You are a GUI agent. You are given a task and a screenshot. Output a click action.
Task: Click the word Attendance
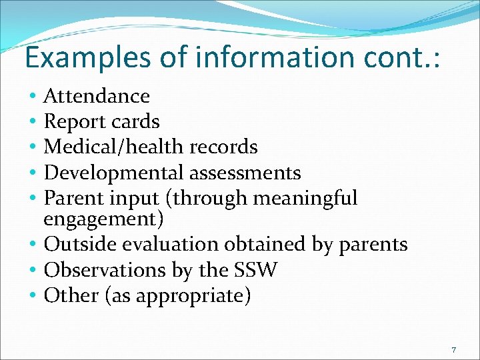coord(97,96)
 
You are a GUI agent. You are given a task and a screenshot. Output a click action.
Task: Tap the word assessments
coord(245,173)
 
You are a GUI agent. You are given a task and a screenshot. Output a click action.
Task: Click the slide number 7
coord(453,350)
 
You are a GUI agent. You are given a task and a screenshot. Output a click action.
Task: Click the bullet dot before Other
coord(33,296)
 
